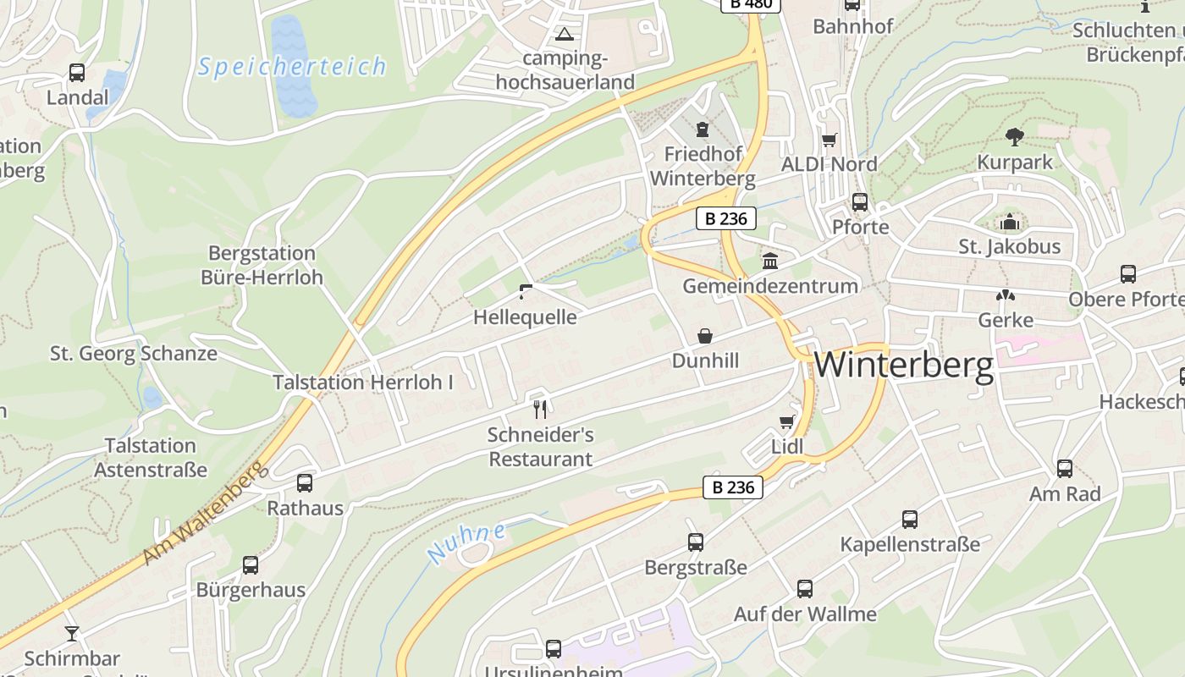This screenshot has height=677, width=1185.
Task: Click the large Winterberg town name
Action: [x=904, y=366]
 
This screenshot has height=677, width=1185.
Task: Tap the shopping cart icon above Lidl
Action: [x=786, y=421]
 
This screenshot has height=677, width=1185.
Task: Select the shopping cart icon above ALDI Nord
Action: [x=829, y=140]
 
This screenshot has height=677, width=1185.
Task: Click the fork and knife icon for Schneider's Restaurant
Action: [x=540, y=410]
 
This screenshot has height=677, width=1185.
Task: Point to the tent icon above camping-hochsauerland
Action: [x=564, y=35]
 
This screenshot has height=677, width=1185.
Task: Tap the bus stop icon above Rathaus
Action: [x=305, y=483]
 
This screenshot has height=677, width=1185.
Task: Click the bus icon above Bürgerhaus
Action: [x=251, y=564]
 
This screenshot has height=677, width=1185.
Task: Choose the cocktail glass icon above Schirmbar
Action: [x=72, y=633]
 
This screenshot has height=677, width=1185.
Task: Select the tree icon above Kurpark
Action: [x=1014, y=136]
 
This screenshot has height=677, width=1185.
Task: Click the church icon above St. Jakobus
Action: [x=1009, y=223]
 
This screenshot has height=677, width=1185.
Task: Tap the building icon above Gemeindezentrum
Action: [x=770, y=261]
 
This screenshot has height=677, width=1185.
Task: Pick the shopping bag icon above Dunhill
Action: [x=705, y=336]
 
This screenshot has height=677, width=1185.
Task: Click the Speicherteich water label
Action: [x=292, y=67]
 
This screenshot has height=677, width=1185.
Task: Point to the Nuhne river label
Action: [x=466, y=543]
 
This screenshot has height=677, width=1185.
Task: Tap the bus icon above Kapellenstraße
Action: [x=910, y=519]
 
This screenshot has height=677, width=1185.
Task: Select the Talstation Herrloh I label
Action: [x=362, y=383]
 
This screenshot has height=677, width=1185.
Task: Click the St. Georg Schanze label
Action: [x=134, y=354]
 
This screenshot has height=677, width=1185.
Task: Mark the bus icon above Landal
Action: [x=77, y=73]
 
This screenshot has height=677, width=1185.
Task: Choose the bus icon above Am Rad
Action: [x=1065, y=468]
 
